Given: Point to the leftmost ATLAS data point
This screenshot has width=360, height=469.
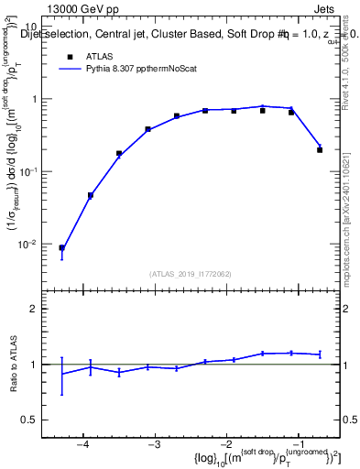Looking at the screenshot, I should coord(61,247).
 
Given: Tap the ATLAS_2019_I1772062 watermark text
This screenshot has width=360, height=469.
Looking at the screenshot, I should coord(191,273).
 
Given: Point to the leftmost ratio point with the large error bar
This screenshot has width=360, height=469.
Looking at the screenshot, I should coord(61,374).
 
